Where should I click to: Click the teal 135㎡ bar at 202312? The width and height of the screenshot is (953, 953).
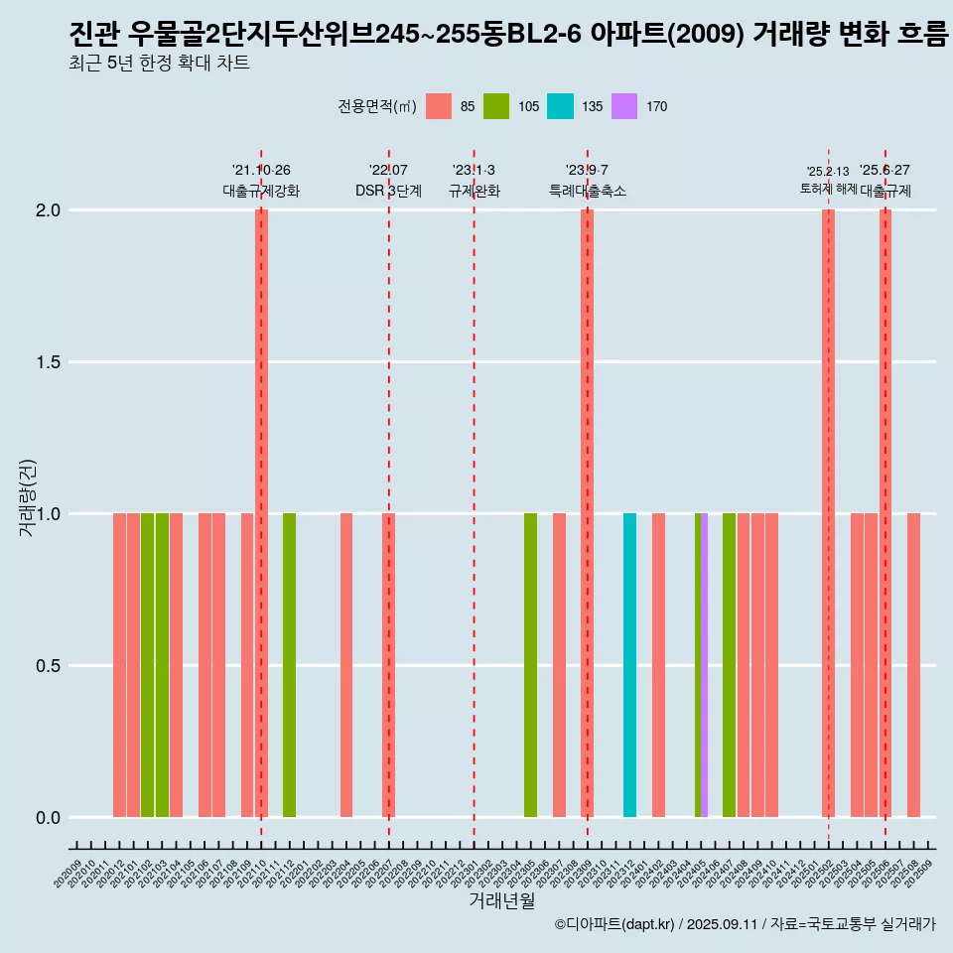[629, 665]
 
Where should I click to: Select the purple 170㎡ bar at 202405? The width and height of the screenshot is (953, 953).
[705, 665]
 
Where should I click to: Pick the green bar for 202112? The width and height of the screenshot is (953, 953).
[289, 665]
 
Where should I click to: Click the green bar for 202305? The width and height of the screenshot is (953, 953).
[530, 665]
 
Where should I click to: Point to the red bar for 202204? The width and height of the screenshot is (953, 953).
[346, 665]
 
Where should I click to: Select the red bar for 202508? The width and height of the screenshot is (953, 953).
[913, 665]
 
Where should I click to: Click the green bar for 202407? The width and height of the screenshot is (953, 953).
[729, 665]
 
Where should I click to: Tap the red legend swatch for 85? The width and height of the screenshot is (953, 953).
[439, 106]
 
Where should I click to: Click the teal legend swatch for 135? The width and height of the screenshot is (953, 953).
[561, 106]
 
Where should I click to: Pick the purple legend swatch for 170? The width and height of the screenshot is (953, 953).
[624, 106]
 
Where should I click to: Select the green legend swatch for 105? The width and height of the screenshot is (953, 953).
[496, 106]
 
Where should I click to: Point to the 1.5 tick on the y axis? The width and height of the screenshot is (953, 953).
[49, 362]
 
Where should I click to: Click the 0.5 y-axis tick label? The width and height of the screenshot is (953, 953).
[49, 666]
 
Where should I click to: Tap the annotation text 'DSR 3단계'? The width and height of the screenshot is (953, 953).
[388, 191]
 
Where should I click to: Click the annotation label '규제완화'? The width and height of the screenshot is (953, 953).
[474, 191]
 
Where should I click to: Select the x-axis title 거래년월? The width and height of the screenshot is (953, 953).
[502, 900]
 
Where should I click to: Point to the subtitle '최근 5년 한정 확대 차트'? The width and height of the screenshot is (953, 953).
[160, 64]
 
